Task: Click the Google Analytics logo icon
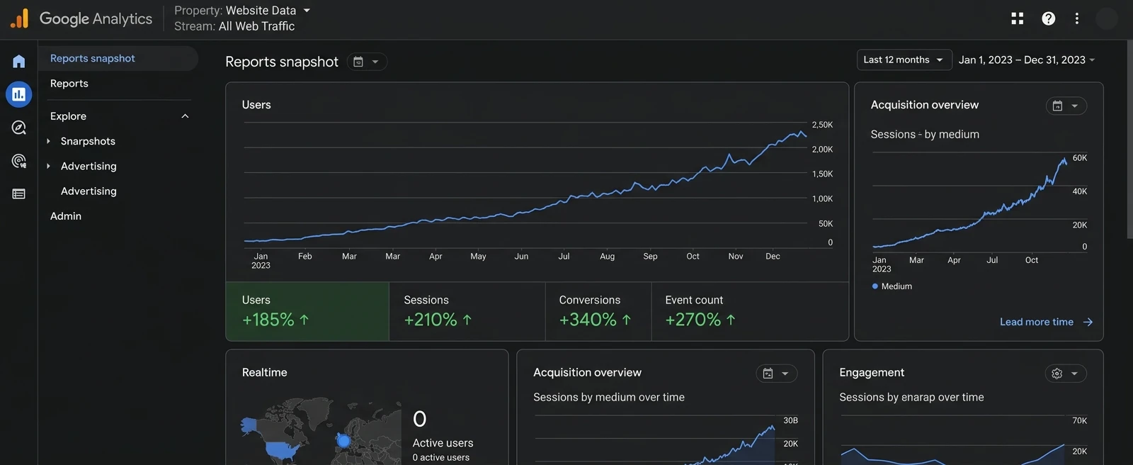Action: [x=20, y=18]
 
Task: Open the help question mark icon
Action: [x=1048, y=18]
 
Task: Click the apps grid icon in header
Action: [x=1018, y=18]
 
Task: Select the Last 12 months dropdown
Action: [x=904, y=60]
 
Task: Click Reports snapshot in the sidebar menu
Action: [x=93, y=58]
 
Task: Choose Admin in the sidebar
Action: [x=66, y=216]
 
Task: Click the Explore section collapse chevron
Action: [x=185, y=116]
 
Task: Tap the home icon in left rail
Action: [x=19, y=61]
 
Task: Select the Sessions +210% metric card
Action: [x=467, y=312]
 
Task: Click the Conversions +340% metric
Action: [x=598, y=312]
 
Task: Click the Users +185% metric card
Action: [x=307, y=312]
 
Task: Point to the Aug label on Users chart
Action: [x=607, y=257]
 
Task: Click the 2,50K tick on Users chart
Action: [x=822, y=125]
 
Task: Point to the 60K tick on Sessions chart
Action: [x=1079, y=158]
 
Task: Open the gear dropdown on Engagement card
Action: [x=1065, y=374]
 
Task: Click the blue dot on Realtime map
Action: [x=343, y=441]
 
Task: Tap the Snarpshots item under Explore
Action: [x=88, y=141]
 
